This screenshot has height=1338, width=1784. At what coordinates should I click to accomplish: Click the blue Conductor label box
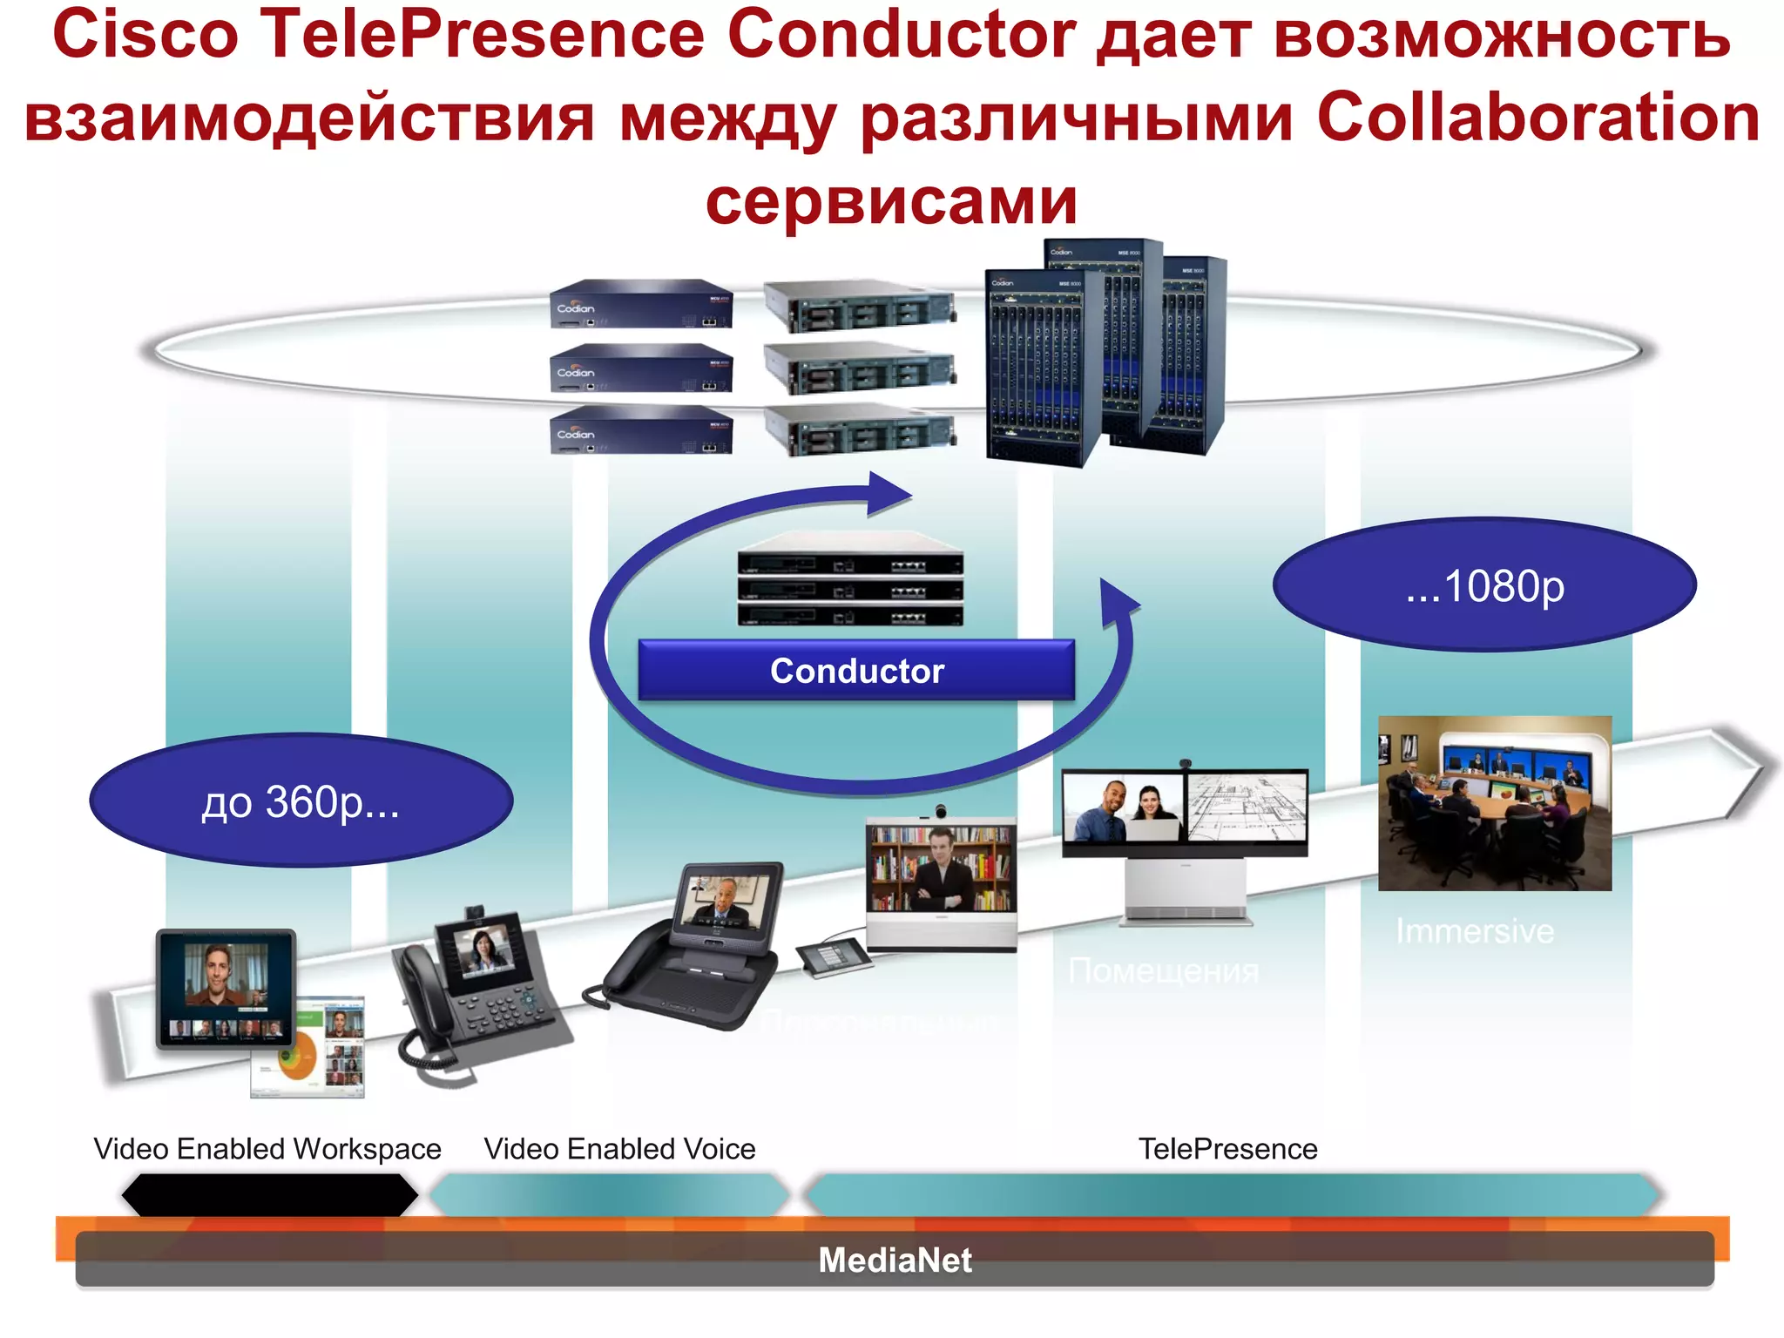pyautogui.click(x=856, y=670)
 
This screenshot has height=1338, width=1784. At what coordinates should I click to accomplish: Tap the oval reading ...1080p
pyautogui.click(x=1484, y=585)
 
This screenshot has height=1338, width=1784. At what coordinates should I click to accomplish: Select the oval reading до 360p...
pyautogui.click(x=301, y=801)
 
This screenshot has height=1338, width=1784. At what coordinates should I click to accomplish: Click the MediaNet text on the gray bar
pyautogui.click(x=895, y=1260)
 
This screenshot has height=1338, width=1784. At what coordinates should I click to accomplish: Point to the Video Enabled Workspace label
pyautogui.click(x=267, y=1148)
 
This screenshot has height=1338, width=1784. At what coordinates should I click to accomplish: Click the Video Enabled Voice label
pyautogui.click(x=619, y=1148)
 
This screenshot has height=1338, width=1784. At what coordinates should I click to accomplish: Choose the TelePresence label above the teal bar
pyautogui.click(x=1227, y=1148)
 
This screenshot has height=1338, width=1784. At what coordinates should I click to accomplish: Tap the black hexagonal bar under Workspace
pyautogui.click(x=269, y=1194)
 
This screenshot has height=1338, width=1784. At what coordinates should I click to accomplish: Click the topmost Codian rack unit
pyautogui.click(x=642, y=304)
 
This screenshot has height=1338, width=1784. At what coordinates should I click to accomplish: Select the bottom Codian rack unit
pyautogui.click(x=642, y=429)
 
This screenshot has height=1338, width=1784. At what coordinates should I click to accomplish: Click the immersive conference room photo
pyautogui.click(x=1495, y=802)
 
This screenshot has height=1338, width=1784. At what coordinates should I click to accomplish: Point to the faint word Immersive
pyautogui.click(x=1474, y=931)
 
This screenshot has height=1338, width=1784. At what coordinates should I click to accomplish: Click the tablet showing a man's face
pyautogui.click(x=226, y=988)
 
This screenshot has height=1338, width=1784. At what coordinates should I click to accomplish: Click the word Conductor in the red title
pyautogui.click(x=901, y=35)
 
